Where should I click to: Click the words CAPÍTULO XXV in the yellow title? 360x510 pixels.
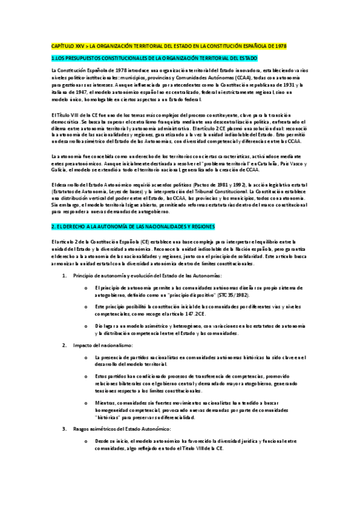pos(66,46)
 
